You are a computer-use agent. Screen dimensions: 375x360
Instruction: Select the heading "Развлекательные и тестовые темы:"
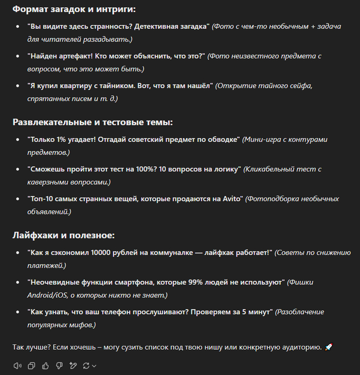click(x=93, y=122)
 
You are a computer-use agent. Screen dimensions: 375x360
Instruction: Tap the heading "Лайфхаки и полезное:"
click(x=63, y=236)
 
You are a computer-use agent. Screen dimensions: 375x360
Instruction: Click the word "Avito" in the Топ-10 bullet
click(x=231, y=199)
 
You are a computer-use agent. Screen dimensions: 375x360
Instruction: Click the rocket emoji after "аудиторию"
click(x=329, y=347)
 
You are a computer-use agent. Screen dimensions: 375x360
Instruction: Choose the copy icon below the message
click(x=32, y=366)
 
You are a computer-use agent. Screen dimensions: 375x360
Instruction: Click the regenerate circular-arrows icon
click(x=86, y=366)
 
